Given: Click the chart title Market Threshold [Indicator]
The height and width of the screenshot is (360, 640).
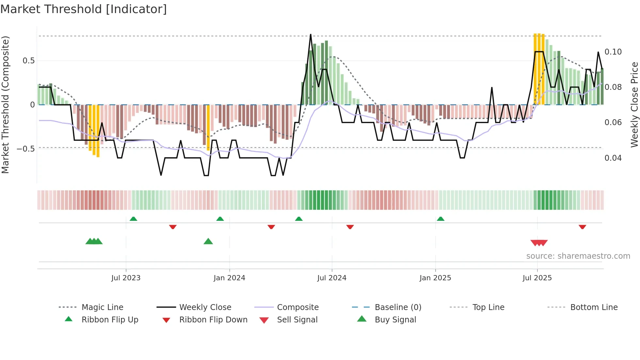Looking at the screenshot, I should [84, 9].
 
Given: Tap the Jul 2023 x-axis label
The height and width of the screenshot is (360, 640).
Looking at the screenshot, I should [126, 278].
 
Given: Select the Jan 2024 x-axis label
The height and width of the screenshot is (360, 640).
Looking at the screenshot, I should [229, 278].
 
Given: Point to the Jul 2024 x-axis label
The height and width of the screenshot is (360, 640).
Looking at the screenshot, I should [332, 278].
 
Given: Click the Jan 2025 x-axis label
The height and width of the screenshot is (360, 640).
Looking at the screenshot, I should [435, 278].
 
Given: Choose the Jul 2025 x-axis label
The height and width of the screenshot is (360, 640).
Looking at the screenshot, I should [537, 278].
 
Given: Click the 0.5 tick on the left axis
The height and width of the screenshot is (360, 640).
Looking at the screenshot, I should [29, 61].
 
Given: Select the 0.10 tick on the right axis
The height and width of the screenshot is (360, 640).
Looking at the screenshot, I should [613, 52].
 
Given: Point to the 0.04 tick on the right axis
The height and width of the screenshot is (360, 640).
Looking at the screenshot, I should [613, 158].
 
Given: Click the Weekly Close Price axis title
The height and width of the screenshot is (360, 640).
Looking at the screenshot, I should [634, 105].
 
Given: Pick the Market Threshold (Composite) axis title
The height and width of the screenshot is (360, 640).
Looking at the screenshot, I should [6, 105].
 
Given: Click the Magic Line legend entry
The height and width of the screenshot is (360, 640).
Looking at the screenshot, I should [102, 307].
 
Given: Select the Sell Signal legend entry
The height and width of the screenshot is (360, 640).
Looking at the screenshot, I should [297, 320].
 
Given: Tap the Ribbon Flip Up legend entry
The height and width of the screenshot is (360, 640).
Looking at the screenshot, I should [110, 320].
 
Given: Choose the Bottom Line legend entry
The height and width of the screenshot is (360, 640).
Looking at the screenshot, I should [594, 307].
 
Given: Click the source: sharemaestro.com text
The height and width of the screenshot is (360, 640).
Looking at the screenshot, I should [578, 256].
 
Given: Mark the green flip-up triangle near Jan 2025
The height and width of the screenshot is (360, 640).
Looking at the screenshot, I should [440, 219].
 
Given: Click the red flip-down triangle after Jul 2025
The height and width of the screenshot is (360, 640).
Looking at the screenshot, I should [582, 227].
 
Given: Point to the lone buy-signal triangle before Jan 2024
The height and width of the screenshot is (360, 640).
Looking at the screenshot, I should [208, 242].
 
